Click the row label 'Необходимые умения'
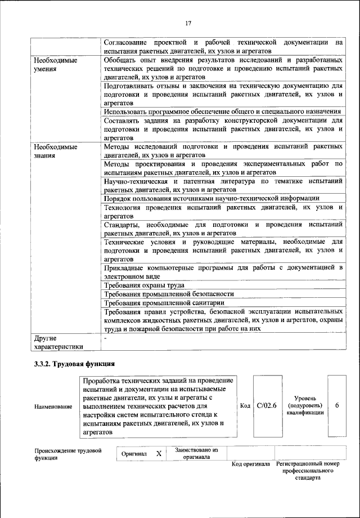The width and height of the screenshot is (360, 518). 55,64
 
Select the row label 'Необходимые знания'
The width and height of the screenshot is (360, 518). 55,150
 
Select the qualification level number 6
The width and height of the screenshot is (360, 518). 336,405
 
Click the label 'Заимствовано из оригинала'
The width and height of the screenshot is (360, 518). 196,454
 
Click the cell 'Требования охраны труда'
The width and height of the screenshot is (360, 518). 144,286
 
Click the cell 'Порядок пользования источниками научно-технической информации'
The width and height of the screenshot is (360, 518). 211,198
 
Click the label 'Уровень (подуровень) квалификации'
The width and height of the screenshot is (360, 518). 305,405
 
